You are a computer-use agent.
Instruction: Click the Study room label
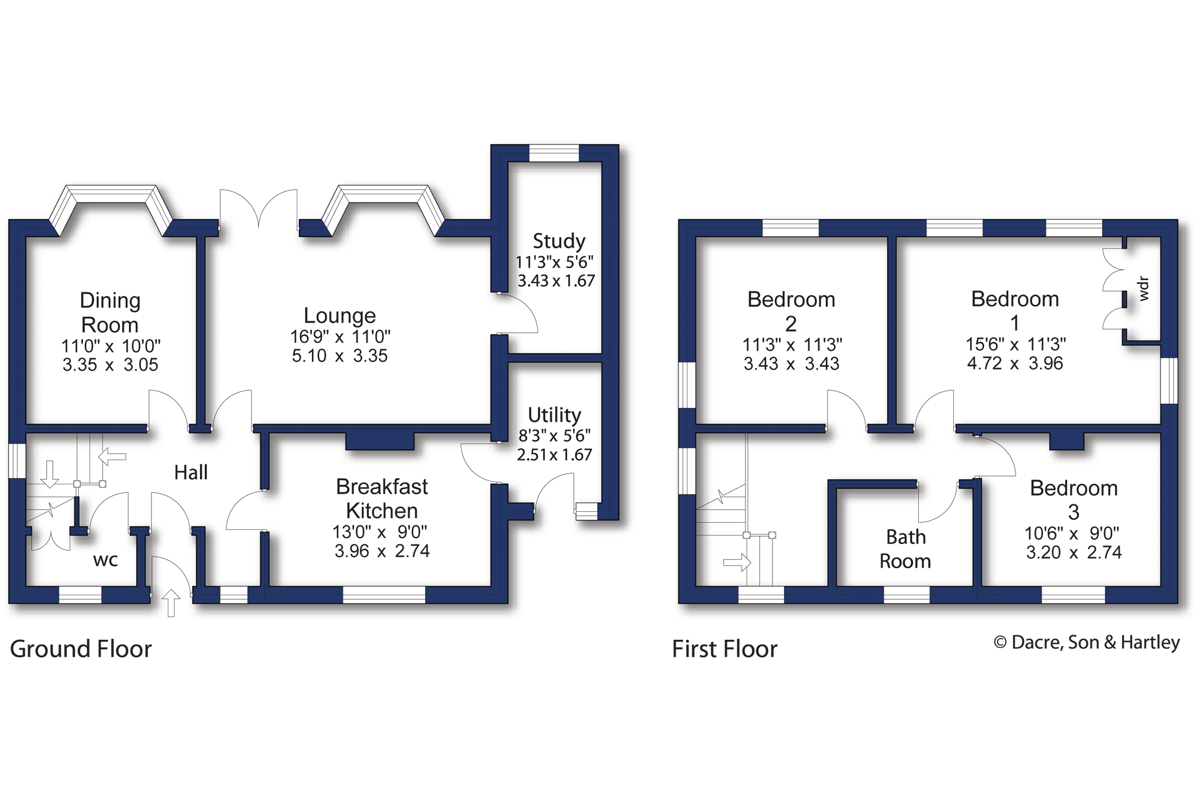tap(559, 241)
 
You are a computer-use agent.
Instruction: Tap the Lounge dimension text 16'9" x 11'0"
tap(340, 337)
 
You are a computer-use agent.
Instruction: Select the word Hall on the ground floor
tap(191, 472)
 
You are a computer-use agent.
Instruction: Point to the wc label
tap(105, 560)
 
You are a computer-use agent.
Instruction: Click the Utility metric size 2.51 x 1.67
tap(554, 454)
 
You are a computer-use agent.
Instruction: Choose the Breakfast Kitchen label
tap(382, 498)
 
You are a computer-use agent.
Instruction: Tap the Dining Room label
tap(110, 313)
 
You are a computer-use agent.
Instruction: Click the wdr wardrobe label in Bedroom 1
tap(1143, 288)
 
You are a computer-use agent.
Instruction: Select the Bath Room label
tap(905, 549)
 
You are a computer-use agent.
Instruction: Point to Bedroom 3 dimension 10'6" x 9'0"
tap(1072, 533)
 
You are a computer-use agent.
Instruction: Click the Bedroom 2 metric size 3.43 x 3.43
tap(791, 364)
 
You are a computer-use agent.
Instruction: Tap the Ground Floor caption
tap(81, 649)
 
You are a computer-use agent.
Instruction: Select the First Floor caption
tap(725, 649)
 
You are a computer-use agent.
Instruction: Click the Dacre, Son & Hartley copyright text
tap(1087, 643)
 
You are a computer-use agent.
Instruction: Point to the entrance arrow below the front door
tap(171, 603)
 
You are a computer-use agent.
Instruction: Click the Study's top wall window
tap(554, 153)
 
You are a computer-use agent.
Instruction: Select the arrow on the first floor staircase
tap(738, 562)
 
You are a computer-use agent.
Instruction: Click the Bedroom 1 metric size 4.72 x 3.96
tap(1015, 363)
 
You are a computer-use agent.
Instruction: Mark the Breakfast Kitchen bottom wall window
tap(384, 595)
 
